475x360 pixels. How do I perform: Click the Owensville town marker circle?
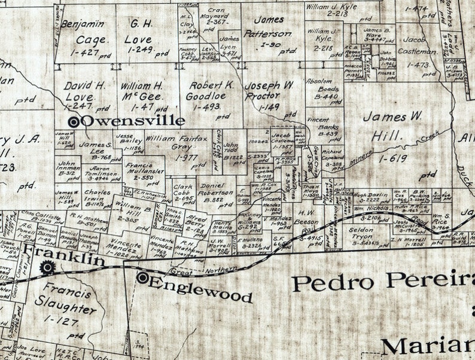point(74,121)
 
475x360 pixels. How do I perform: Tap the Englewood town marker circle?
point(142,277)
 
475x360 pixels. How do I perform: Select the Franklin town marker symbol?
point(46,267)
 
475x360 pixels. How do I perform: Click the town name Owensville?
point(132,121)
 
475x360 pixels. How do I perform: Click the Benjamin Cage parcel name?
point(87,33)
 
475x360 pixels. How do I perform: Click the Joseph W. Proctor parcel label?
point(270,90)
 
